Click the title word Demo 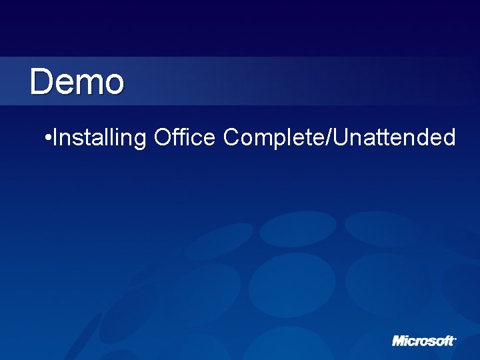click(77, 82)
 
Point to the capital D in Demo click(41, 82)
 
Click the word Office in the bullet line click(184, 137)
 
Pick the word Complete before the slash click(275, 138)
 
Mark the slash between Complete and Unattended click(330, 137)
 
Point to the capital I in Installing click(53, 137)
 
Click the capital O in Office click(162, 137)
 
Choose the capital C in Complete click(231, 137)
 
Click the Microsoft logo click(423, 341)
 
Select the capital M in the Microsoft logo click(399, 341)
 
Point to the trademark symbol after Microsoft click(455, 337)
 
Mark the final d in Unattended click(449, 137)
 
